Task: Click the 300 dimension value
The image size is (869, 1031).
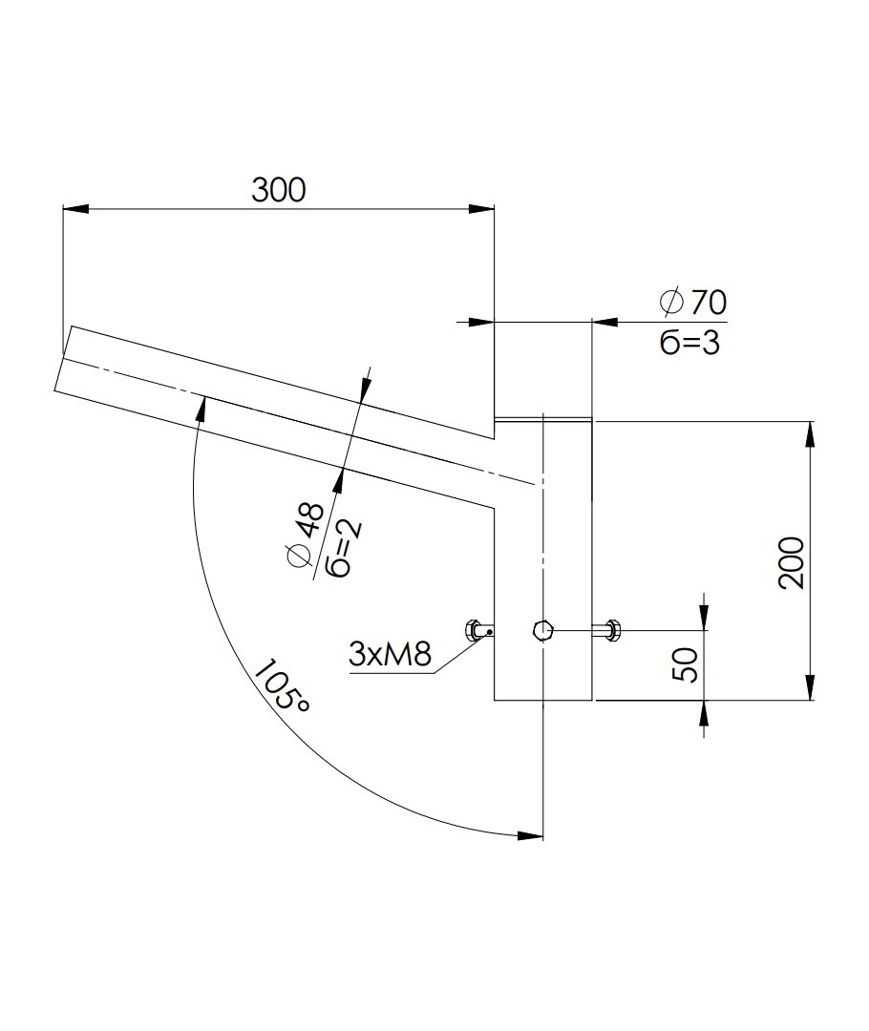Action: [x=278, y=189]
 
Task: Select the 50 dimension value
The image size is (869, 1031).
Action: [x=686, y=664]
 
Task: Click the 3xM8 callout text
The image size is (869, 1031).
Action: [x=390, y=654]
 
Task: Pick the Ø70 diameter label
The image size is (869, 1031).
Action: [x=692, y=302]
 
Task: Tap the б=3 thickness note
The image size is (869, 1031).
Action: [x=689, y=343]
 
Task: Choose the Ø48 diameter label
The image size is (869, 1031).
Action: [x=306, y=535]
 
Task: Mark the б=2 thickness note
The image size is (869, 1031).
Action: [x=348, y=547]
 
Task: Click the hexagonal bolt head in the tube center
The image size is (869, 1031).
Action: [x=541, y=630]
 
